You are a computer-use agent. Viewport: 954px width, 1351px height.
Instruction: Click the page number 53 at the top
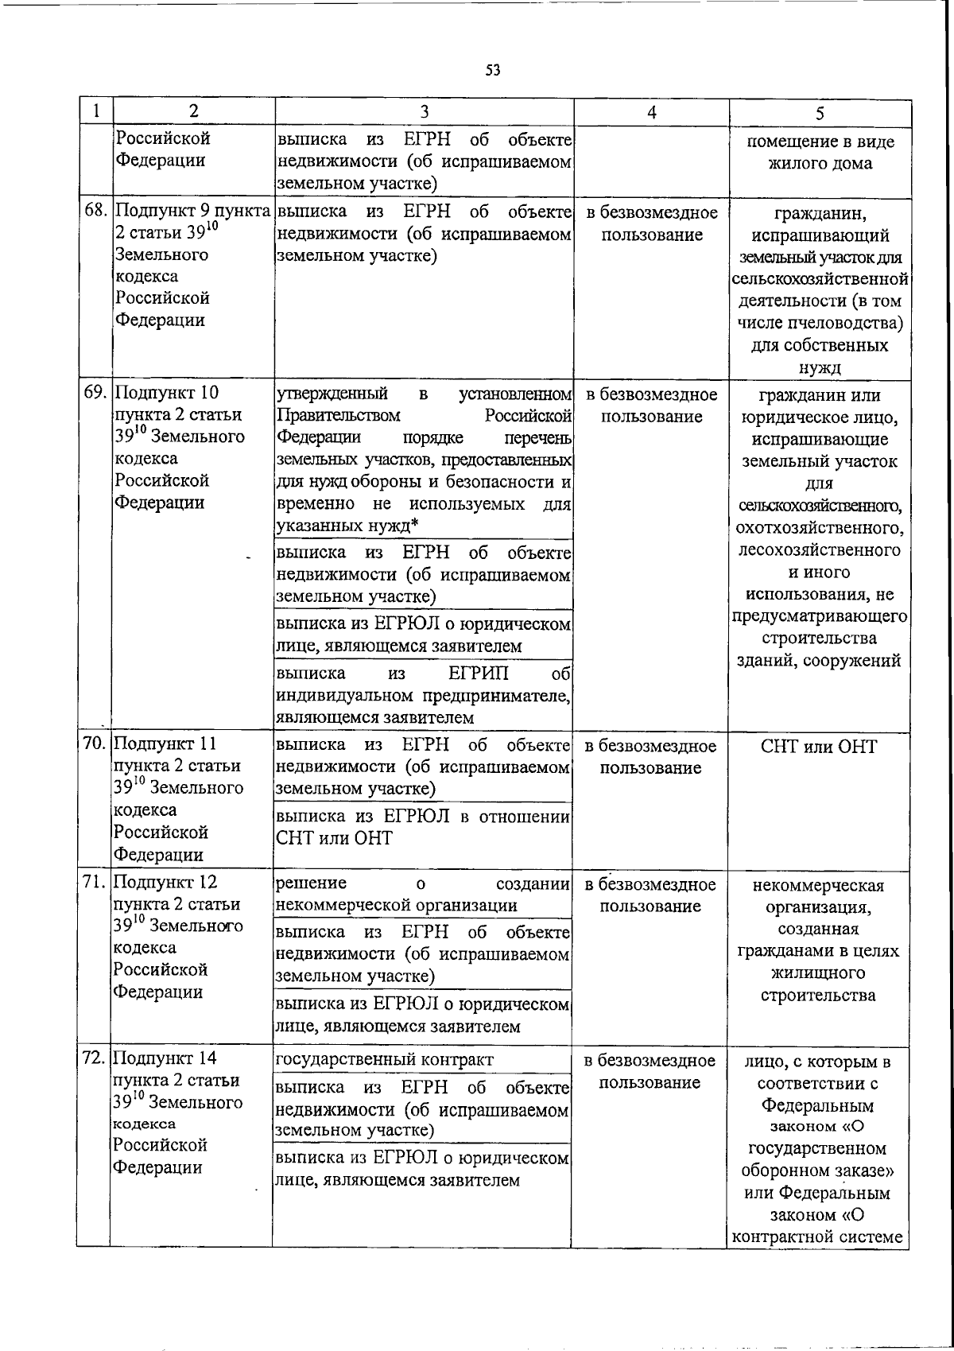(493, 71)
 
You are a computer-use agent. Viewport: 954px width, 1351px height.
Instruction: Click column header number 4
(651, 112)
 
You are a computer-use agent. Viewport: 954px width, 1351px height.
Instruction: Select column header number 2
(194, 112)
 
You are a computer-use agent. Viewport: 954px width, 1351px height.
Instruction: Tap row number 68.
(96, 212)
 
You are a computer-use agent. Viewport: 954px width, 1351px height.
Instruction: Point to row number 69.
(96, 393)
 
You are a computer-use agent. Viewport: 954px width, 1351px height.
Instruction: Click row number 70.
(96, 744)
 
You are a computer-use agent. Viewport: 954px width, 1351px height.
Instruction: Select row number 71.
(96, 883)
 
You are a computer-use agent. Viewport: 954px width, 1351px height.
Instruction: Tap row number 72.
(96, 1058)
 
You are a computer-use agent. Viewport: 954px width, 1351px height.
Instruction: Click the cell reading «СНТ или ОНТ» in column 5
(819, 747)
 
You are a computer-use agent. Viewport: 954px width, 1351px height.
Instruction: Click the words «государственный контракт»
(384, 1060)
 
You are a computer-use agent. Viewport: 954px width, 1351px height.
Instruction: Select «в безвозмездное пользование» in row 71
(650, 895)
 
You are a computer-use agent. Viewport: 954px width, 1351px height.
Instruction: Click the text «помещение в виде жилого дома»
(820, 153)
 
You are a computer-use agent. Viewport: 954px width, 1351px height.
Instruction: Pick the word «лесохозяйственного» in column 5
(820, 550)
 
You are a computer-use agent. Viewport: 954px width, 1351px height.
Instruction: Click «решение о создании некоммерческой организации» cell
(422, 895)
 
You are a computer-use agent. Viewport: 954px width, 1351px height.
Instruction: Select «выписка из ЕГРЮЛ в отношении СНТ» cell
(422, 828)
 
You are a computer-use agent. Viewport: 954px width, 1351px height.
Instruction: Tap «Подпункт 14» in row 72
(165, 1058)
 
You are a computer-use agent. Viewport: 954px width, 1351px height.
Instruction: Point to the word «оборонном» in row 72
(781, 1171)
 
